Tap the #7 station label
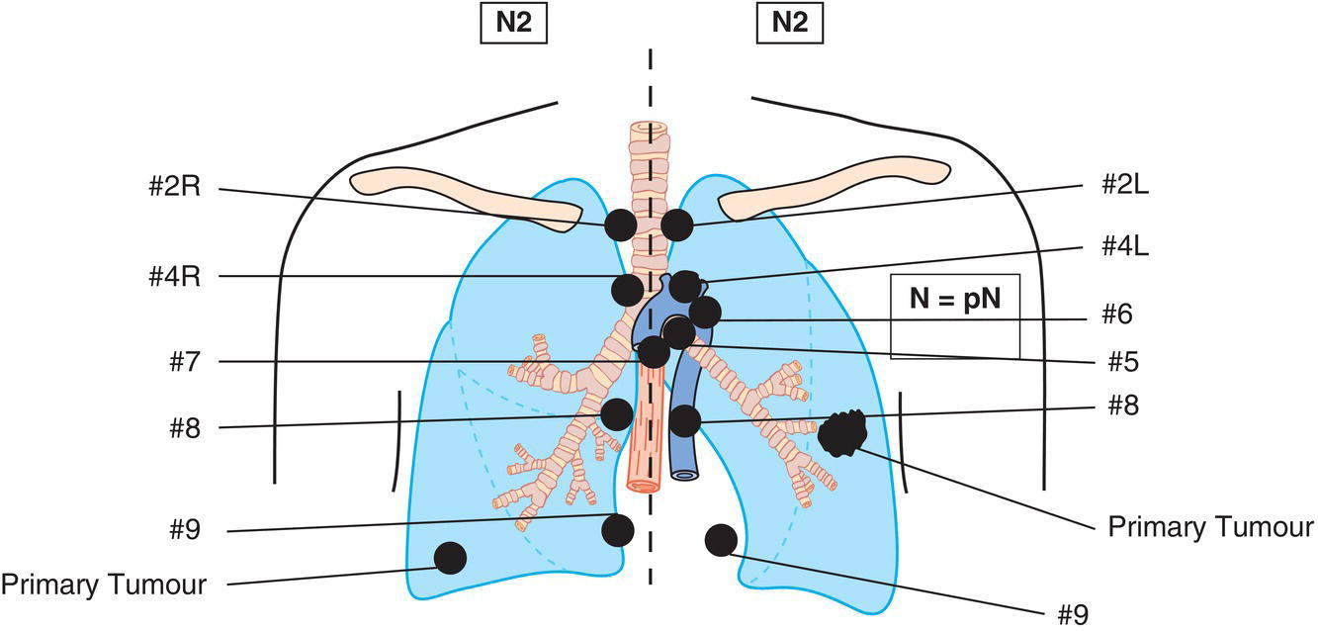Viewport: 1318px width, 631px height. (x=185, y=361)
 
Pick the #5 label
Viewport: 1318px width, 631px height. (x=1124, y=362)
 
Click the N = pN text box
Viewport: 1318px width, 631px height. (x=954, y=298)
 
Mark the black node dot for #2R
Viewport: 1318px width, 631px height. (x=620, y=225)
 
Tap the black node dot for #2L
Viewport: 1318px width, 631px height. (x=677, y=225)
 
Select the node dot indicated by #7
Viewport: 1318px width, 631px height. (x=654, y=351)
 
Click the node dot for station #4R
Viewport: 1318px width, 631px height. (x=626, y=291)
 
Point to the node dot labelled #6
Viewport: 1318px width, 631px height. (x=705, y=314)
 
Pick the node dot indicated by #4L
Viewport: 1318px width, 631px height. (x=684, y=285)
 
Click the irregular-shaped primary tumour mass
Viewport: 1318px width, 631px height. (x=841, y=432)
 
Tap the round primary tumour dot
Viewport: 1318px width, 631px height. (x=451, y=558)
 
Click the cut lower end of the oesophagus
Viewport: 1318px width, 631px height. (x=642, y=485)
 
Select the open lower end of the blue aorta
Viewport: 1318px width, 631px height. (x=684, y=474)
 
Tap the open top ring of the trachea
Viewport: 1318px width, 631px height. (x=649, y=129)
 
